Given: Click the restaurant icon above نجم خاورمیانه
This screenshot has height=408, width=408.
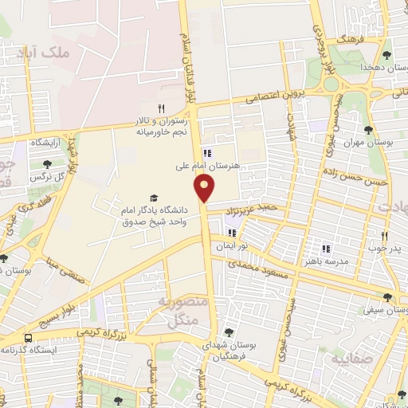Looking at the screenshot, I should pyautogui.click(x=161, y=108).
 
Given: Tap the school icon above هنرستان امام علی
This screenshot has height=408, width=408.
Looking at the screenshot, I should pyautogui.click(x=207, y=153).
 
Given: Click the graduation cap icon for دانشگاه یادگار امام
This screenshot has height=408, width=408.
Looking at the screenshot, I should pyautogui.click(x=153, y=198).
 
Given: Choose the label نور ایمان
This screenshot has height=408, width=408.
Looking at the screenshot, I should pyautogui.click(x=232, y=247).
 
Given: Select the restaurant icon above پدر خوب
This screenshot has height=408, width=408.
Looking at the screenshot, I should pyautogui.click(x=383, y=236).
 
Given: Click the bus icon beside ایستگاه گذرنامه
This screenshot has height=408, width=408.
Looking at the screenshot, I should pyautogui.click(x=29, y=339).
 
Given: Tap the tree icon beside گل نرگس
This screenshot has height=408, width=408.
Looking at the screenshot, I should pyautogui.click(x=36, y=164).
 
